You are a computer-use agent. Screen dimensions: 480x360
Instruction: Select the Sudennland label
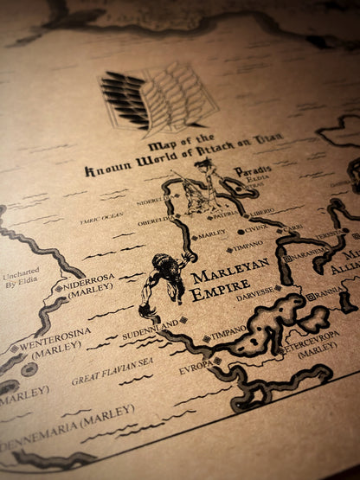click(x=151, y=326)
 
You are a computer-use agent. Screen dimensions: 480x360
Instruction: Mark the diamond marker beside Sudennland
click(x=184, y=320)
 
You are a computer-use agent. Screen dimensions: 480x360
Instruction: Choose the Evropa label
click(x=196, y=367)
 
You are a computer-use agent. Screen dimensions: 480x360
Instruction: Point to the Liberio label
click(x=261, y=211)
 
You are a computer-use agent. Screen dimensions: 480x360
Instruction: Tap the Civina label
click(x=255, y=230)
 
